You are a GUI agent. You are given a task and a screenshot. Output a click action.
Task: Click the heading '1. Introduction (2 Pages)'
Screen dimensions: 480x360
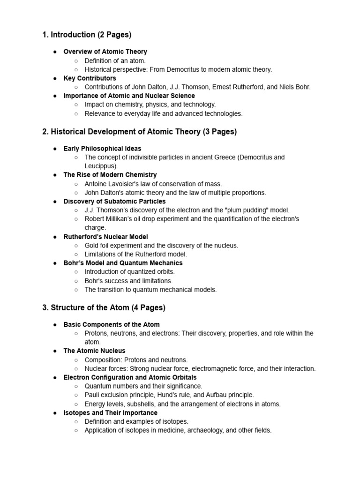pos(87,35)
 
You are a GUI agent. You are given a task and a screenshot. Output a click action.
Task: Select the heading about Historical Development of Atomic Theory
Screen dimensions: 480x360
pos(139,132)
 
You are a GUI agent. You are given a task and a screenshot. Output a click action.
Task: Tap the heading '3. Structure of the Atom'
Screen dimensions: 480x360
pos(104,308)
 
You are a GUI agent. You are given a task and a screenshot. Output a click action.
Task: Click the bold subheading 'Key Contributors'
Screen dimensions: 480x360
pos(90,78)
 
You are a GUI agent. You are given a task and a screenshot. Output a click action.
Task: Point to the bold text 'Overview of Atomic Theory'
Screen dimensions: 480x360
pos(105,52)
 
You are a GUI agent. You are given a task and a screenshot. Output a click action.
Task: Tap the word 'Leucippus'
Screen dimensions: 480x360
pos(100,166)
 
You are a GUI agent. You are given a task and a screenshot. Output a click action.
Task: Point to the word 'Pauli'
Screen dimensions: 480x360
pos(92,395)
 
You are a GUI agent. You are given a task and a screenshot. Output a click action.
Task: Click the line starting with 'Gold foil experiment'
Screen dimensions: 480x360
pos(161,245)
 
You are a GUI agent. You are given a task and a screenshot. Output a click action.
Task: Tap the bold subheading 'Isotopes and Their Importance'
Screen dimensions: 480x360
pos(110,413)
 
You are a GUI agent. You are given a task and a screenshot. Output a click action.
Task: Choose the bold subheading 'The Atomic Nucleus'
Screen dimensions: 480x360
pos(94,351)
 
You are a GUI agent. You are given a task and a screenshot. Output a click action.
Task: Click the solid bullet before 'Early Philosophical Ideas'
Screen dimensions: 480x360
pos(54,149)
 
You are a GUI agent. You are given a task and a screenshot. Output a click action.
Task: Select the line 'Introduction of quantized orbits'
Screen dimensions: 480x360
pos(129,272)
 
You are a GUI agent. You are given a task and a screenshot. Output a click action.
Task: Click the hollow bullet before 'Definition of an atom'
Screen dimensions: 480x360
pos(76,60)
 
